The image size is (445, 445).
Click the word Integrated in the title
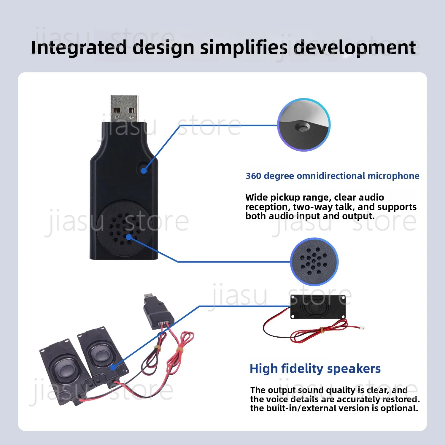pyautogui.click(x=79, y=47)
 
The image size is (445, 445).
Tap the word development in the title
pyautogui.click(x=355, y=47)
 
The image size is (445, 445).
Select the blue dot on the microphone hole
pyautogui.click(x=144, y=171)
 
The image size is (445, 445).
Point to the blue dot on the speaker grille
pyautogui.click(x=129, y=237)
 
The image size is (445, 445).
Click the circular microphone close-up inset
pyautogui.click(x=304, y=125)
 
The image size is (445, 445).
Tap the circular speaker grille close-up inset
pyautogui.click(x=314, y=261)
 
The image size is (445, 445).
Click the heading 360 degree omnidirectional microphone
pyautogui.click(x=333, y=176)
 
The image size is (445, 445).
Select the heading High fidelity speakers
pyautogui.click(x=315, y=369)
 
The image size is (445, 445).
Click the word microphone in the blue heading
pyautogui.click(x=393, y=176)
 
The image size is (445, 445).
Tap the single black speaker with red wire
pyautogui.click(x=318, y=307)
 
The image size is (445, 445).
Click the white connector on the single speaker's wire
pyautogui.click(x=361, y=328)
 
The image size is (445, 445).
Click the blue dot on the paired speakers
pyautogui.click(x=113, y=367)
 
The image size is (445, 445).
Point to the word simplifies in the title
pyautogui.click(x=244, y=47)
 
